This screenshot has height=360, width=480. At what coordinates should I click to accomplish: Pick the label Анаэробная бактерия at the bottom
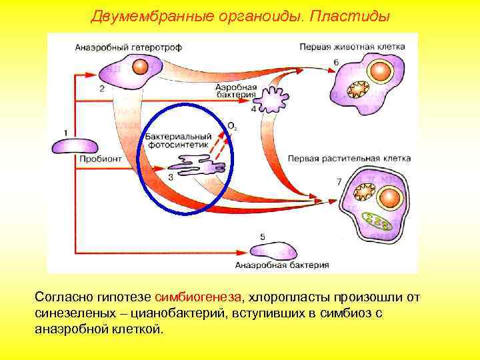pyautogui.click(x=282, y=265)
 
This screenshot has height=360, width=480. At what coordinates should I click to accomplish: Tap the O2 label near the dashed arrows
pyautogui.click(x=231, y=125)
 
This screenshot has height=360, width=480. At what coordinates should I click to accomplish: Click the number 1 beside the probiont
pyautogui.click(x=65, y=131)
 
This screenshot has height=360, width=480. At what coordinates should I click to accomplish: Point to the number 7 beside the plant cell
pyautogui.click(x=339, y=181)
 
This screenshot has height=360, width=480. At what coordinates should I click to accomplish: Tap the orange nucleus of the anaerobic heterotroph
pyautogui.click(x=139, y=67)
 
